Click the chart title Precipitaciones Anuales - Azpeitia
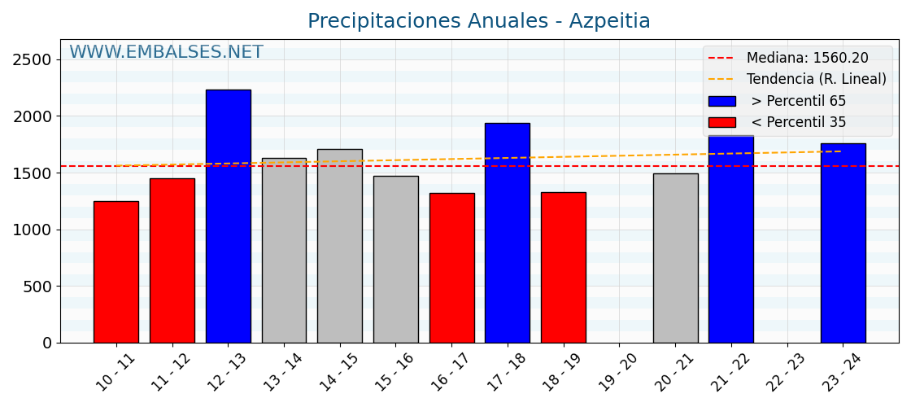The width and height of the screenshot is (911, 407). [x=478, y=21]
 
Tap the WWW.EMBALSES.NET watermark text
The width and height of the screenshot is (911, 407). [x=166, y=53]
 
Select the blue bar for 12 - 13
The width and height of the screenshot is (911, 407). [x=228, y=217]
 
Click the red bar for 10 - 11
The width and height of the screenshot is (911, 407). [x=116, y=272]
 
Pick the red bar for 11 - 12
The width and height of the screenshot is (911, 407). [x=172, y=260]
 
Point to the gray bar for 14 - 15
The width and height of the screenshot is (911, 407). [x=339, y=246]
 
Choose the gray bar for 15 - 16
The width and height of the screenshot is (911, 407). [x=395, y=259]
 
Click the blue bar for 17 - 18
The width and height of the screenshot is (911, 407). [x=507, y=233]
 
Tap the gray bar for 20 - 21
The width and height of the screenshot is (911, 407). [x=675, y=258]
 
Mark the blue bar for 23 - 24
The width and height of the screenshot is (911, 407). [x=843, y=243]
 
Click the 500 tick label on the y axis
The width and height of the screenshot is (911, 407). [x=37, y=287]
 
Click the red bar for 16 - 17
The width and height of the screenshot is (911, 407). [x=451, y=268]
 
